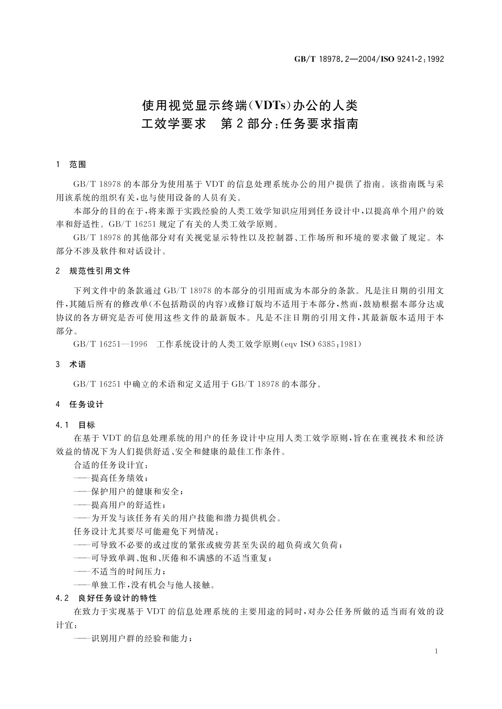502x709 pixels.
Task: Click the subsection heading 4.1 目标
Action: click(75, 425)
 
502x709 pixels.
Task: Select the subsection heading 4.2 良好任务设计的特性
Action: click(106, 598)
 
